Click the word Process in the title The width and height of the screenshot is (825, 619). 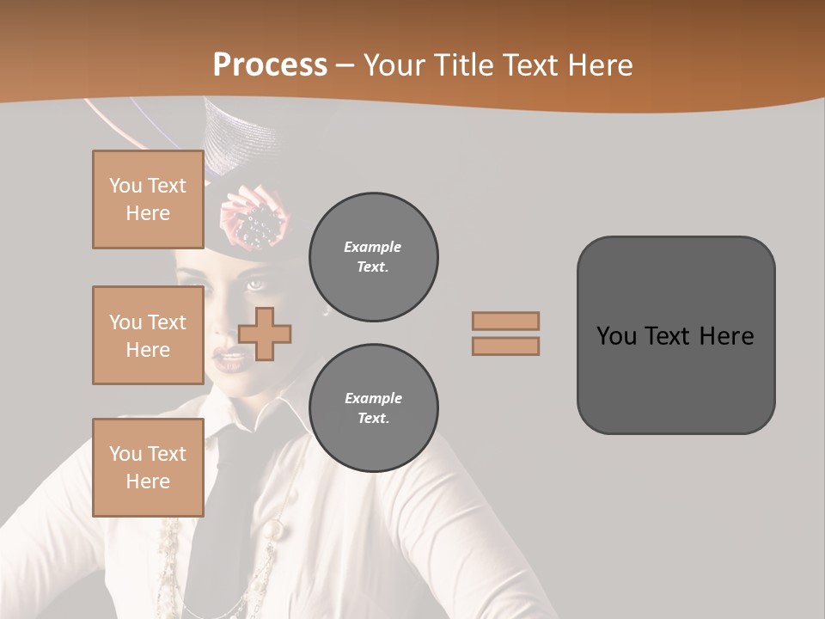(270, 64)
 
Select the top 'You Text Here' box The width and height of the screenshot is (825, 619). (148, 199)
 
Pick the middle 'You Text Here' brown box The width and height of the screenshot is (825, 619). (148, 335)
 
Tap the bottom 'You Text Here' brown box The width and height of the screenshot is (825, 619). (148, 467)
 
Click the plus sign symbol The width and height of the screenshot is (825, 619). (265, 334)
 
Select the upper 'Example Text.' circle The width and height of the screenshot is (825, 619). (373, 257)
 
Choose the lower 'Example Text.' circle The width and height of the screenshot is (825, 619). (373, 408)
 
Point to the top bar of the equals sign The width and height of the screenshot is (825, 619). (505, 321)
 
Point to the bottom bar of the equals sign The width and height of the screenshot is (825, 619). (505, 346)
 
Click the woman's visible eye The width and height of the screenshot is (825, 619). (256, 285)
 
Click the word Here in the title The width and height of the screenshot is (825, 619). (596, 65)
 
